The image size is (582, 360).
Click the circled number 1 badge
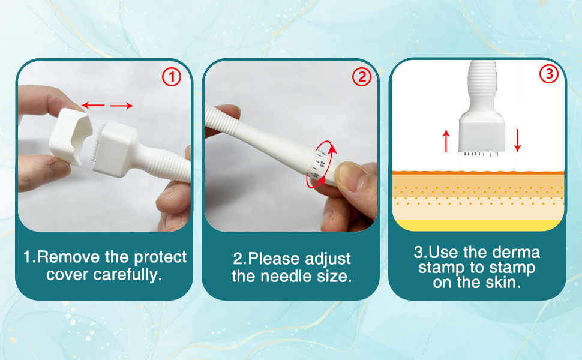coord(172,77)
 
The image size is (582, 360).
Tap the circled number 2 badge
coord(361,77)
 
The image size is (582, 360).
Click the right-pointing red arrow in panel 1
coord(122,106)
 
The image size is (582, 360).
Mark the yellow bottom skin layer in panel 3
coord(478,224)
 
